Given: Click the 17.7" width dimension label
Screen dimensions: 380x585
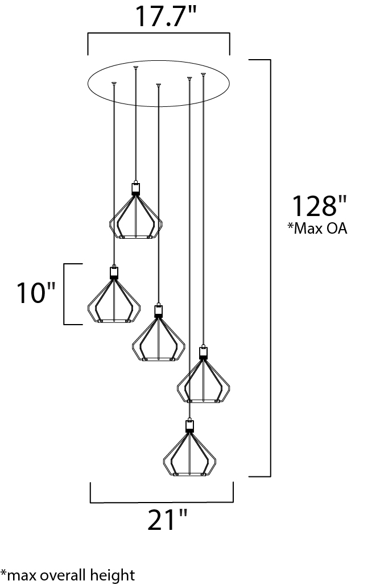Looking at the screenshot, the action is pyautogui.click(x=166, y=16).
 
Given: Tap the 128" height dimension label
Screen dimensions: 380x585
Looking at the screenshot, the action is pyautogui.click(x=319, y=206).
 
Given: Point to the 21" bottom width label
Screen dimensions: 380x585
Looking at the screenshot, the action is pyautogui.click(x=167, y=520).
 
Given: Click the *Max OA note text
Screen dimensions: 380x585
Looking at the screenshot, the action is pyautogui.click(x=317, y=228).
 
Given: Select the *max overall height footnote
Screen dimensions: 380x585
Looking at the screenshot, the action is pyautogui.click(x=68, y=575).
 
